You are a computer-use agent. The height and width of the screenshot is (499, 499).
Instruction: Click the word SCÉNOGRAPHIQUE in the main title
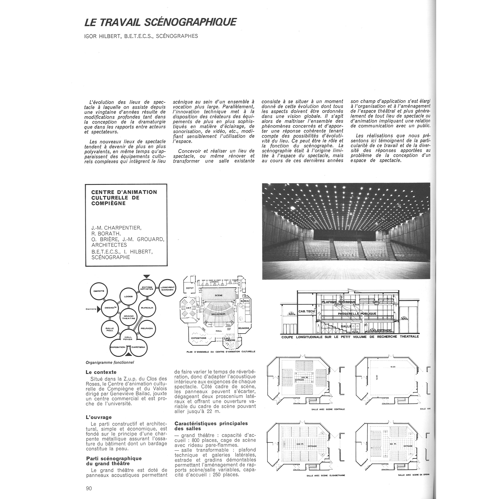tap(190, 22)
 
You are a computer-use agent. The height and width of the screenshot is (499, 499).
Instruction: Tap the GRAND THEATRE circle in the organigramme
tap(129, 317)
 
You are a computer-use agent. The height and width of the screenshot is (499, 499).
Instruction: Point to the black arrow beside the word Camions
tap(98, 309)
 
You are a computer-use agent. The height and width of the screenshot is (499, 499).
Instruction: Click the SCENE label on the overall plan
tap(218, 295)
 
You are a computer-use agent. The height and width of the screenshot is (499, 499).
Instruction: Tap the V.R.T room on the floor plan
tap(189, 308)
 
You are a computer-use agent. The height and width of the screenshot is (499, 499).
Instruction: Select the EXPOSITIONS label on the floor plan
tap(199, 338)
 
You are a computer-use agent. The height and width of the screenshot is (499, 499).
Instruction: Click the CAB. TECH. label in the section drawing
tap(307, 311)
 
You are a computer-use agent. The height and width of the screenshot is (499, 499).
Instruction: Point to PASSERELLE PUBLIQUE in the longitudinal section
tap(357, 314)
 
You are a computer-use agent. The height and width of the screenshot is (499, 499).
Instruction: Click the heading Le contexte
tap(101, 372)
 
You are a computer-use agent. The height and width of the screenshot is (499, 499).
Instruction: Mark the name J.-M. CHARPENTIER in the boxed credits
tap(116, 228)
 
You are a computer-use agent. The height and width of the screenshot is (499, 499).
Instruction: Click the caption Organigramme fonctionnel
tap(110, 362)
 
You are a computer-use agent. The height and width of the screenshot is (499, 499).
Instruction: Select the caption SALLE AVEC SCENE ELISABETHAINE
tap(326, 476)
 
